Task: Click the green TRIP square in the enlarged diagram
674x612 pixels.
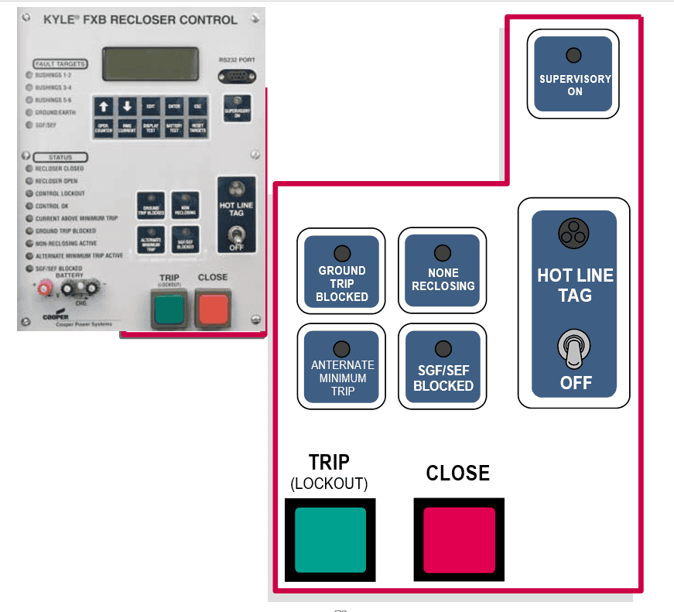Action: (x=330, y=540)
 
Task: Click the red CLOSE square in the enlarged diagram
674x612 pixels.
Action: (x=458, y=540)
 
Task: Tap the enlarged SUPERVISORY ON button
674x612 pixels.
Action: (x=573, y=74)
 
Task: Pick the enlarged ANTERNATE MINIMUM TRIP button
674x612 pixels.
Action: (x=341, y=366)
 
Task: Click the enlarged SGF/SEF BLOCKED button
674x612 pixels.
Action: (x=443, y=366)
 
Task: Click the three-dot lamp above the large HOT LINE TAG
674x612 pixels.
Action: (x=575, y=232)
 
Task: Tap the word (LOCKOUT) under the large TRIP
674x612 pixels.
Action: (x=329, y=484)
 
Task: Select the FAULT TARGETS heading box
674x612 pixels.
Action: (x=60, y=63)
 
